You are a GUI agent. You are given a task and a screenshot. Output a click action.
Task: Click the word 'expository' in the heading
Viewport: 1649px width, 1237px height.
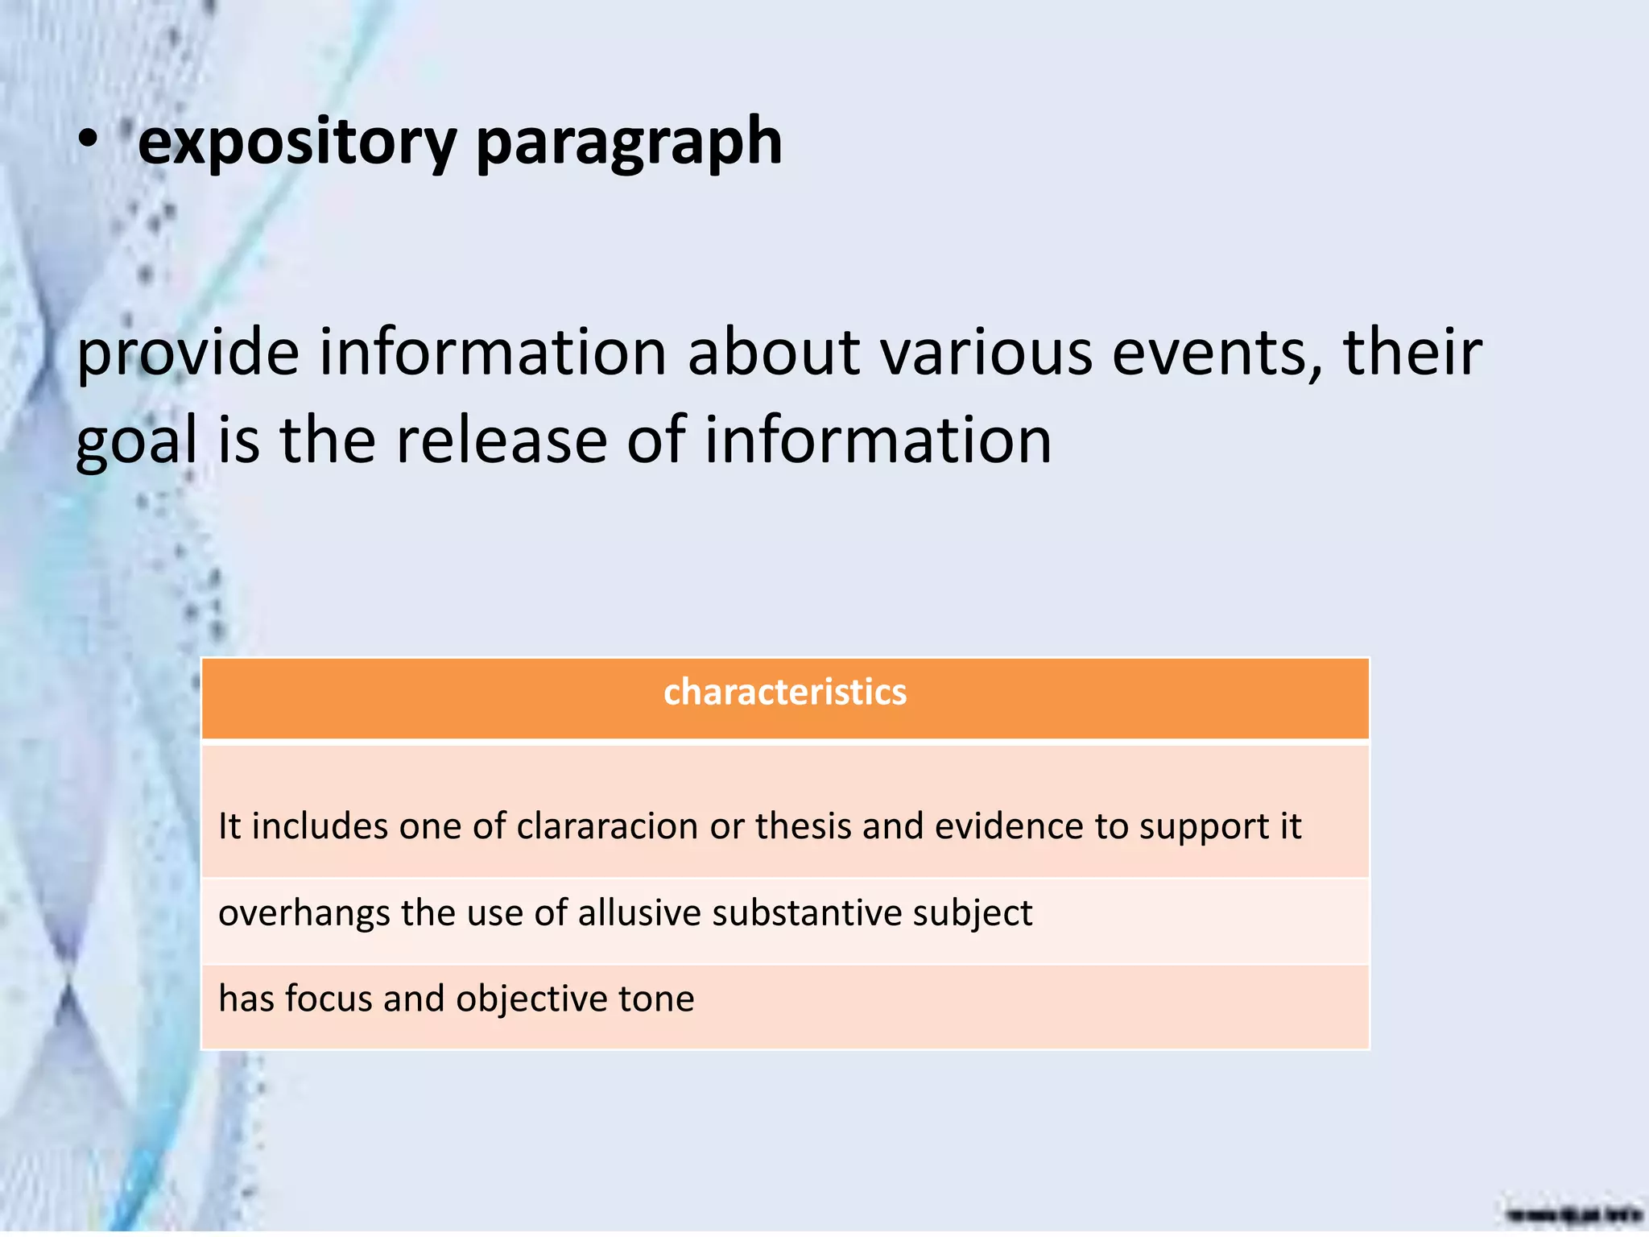pyautogui.click(x=297, y=143)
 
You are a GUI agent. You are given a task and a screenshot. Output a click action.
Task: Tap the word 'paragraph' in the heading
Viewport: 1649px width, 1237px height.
pyautogui.click(x=629, y=143)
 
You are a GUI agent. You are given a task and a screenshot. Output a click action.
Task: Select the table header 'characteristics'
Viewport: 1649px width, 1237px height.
pyautogui.click(x=785, y=693)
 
